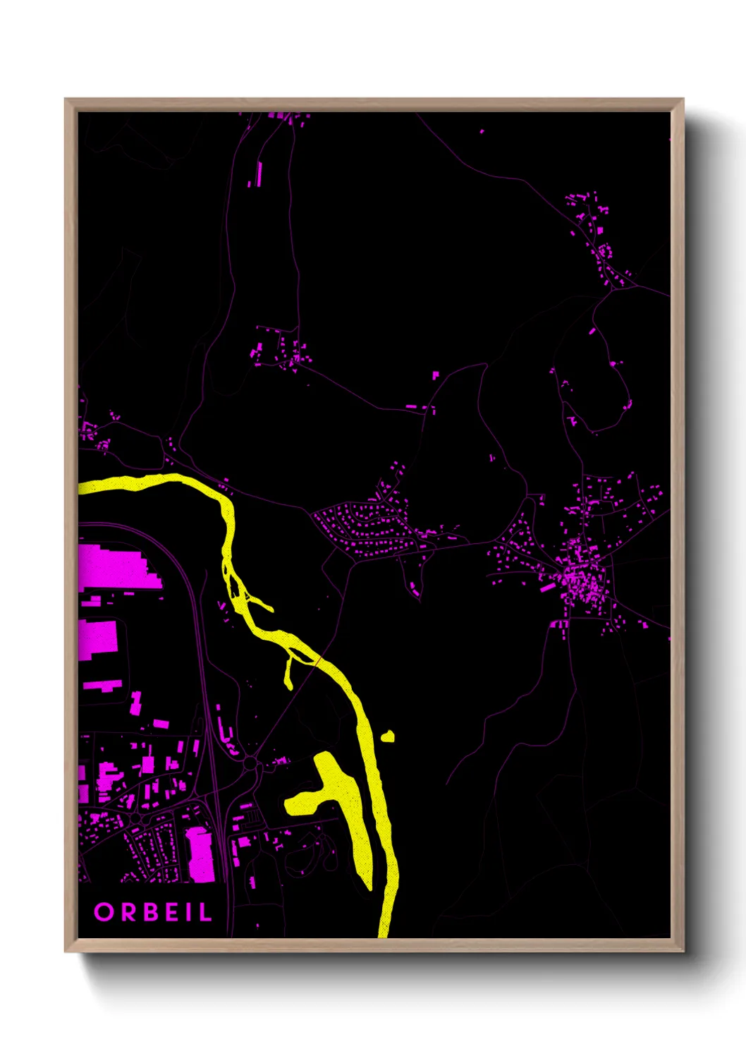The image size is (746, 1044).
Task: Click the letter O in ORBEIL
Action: pyautogui.click(x=104, y=912)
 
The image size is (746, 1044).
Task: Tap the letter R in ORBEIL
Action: pyautogui.click(x=128, y=912)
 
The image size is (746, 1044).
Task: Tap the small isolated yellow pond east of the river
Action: pyautogui.click(x=387, y=737)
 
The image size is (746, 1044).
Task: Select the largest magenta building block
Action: pyautogui.click(x=113, y=567)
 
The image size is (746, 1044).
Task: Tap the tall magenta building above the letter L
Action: pyautogui.click(x=200, y=855)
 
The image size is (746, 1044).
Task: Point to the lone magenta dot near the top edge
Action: pyautogui.click(x=482, y=131)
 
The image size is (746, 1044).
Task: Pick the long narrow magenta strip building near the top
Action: pyautogui.click(x=259, y=174)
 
